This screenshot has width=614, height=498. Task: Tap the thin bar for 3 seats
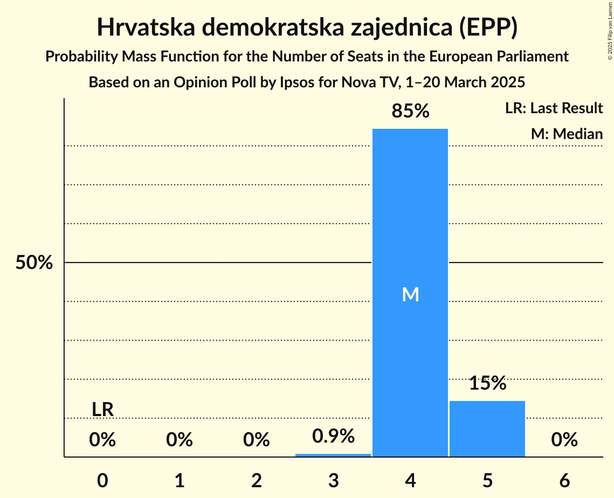click(x=333, y=455)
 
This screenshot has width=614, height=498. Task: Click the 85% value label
click(x=410, y=112)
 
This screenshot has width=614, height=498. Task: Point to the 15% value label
click(x=487, y=384)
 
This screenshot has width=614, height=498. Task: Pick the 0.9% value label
click(x=333, y=436)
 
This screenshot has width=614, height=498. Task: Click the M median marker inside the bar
click(x=410, y=294)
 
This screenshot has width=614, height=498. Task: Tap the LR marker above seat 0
click(x=102, y=410)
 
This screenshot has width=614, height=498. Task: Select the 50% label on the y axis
click(x=34, y=263)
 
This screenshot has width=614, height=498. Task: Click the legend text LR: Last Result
click(x=554, y=108)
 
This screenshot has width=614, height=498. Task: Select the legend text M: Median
click(x=567, y=134)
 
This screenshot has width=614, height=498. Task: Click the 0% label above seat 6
click(x=564, y=440)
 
